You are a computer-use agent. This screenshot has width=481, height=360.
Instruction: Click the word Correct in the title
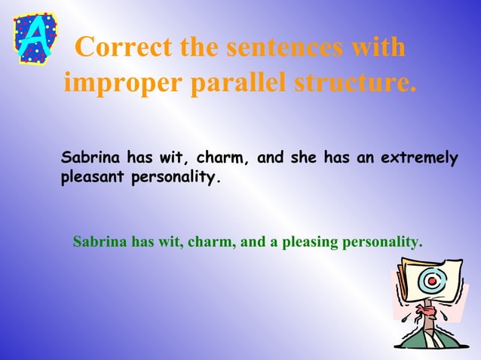124,48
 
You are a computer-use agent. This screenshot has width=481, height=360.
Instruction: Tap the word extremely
419,159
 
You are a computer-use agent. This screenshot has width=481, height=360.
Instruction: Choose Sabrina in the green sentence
100,242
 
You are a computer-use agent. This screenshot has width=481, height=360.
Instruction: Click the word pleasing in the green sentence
310,242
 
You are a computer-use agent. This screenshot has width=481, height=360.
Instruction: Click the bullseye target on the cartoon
430,282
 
